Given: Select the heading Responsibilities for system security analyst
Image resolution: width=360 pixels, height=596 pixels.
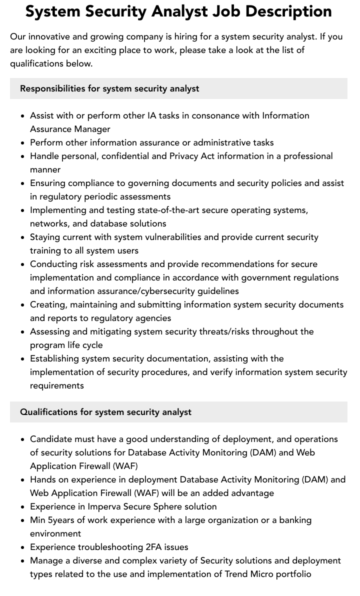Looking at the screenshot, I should pos(109,88).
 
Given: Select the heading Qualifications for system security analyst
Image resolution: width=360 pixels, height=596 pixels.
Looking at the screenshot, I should pos(105,412).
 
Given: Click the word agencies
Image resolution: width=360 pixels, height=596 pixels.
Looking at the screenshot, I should pos(153,318).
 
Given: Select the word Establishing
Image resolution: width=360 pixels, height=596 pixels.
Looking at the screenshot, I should pos(54,358).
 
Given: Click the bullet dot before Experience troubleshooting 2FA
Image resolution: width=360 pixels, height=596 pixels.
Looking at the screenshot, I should pos(23,547).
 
